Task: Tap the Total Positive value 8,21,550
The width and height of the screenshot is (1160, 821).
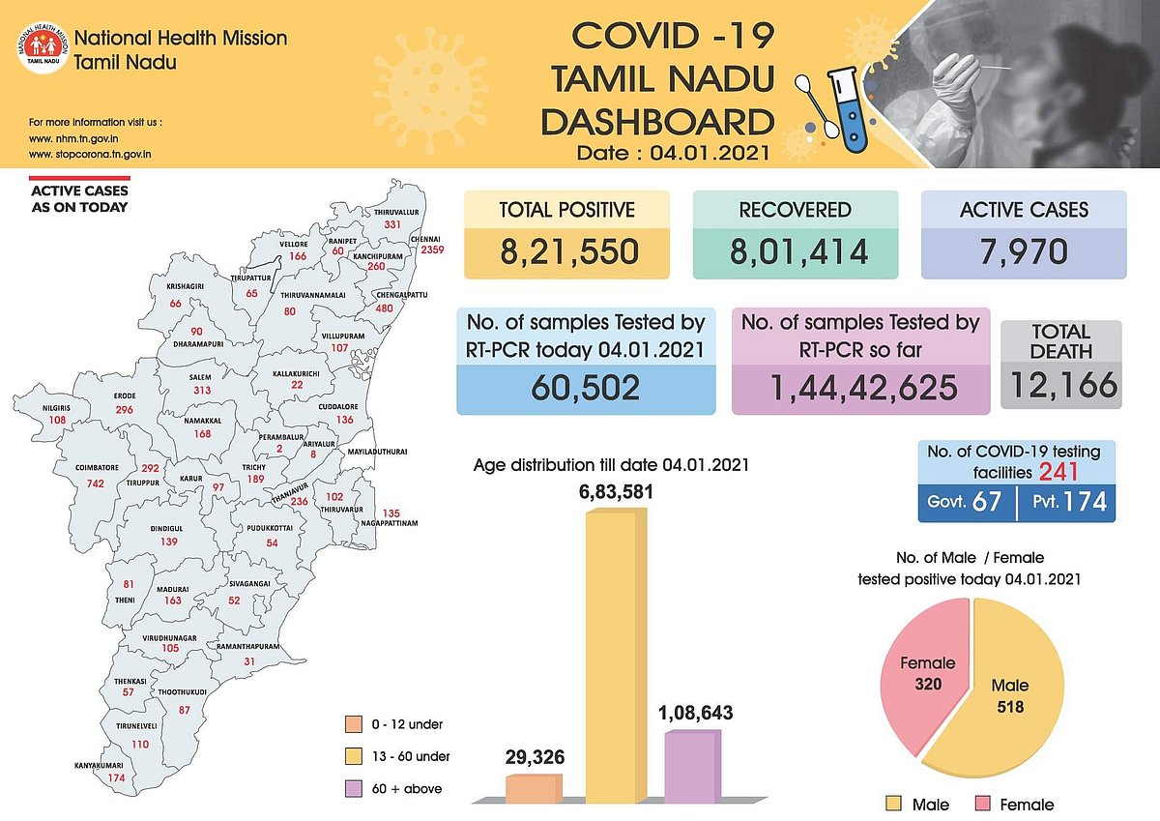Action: click(x=569, y=250)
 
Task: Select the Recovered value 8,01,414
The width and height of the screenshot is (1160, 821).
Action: click(x=797, y=250)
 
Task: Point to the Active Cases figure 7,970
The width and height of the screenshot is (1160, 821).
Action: click(x=1024, y=250)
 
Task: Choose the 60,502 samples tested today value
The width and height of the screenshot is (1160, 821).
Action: click(x=586, y=387)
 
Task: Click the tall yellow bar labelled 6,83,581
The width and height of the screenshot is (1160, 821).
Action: click(x=617, y=658)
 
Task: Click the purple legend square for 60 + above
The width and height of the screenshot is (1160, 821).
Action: click(x=353, y=789)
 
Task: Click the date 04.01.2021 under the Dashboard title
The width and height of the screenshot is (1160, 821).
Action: click(x=710, y=152)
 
